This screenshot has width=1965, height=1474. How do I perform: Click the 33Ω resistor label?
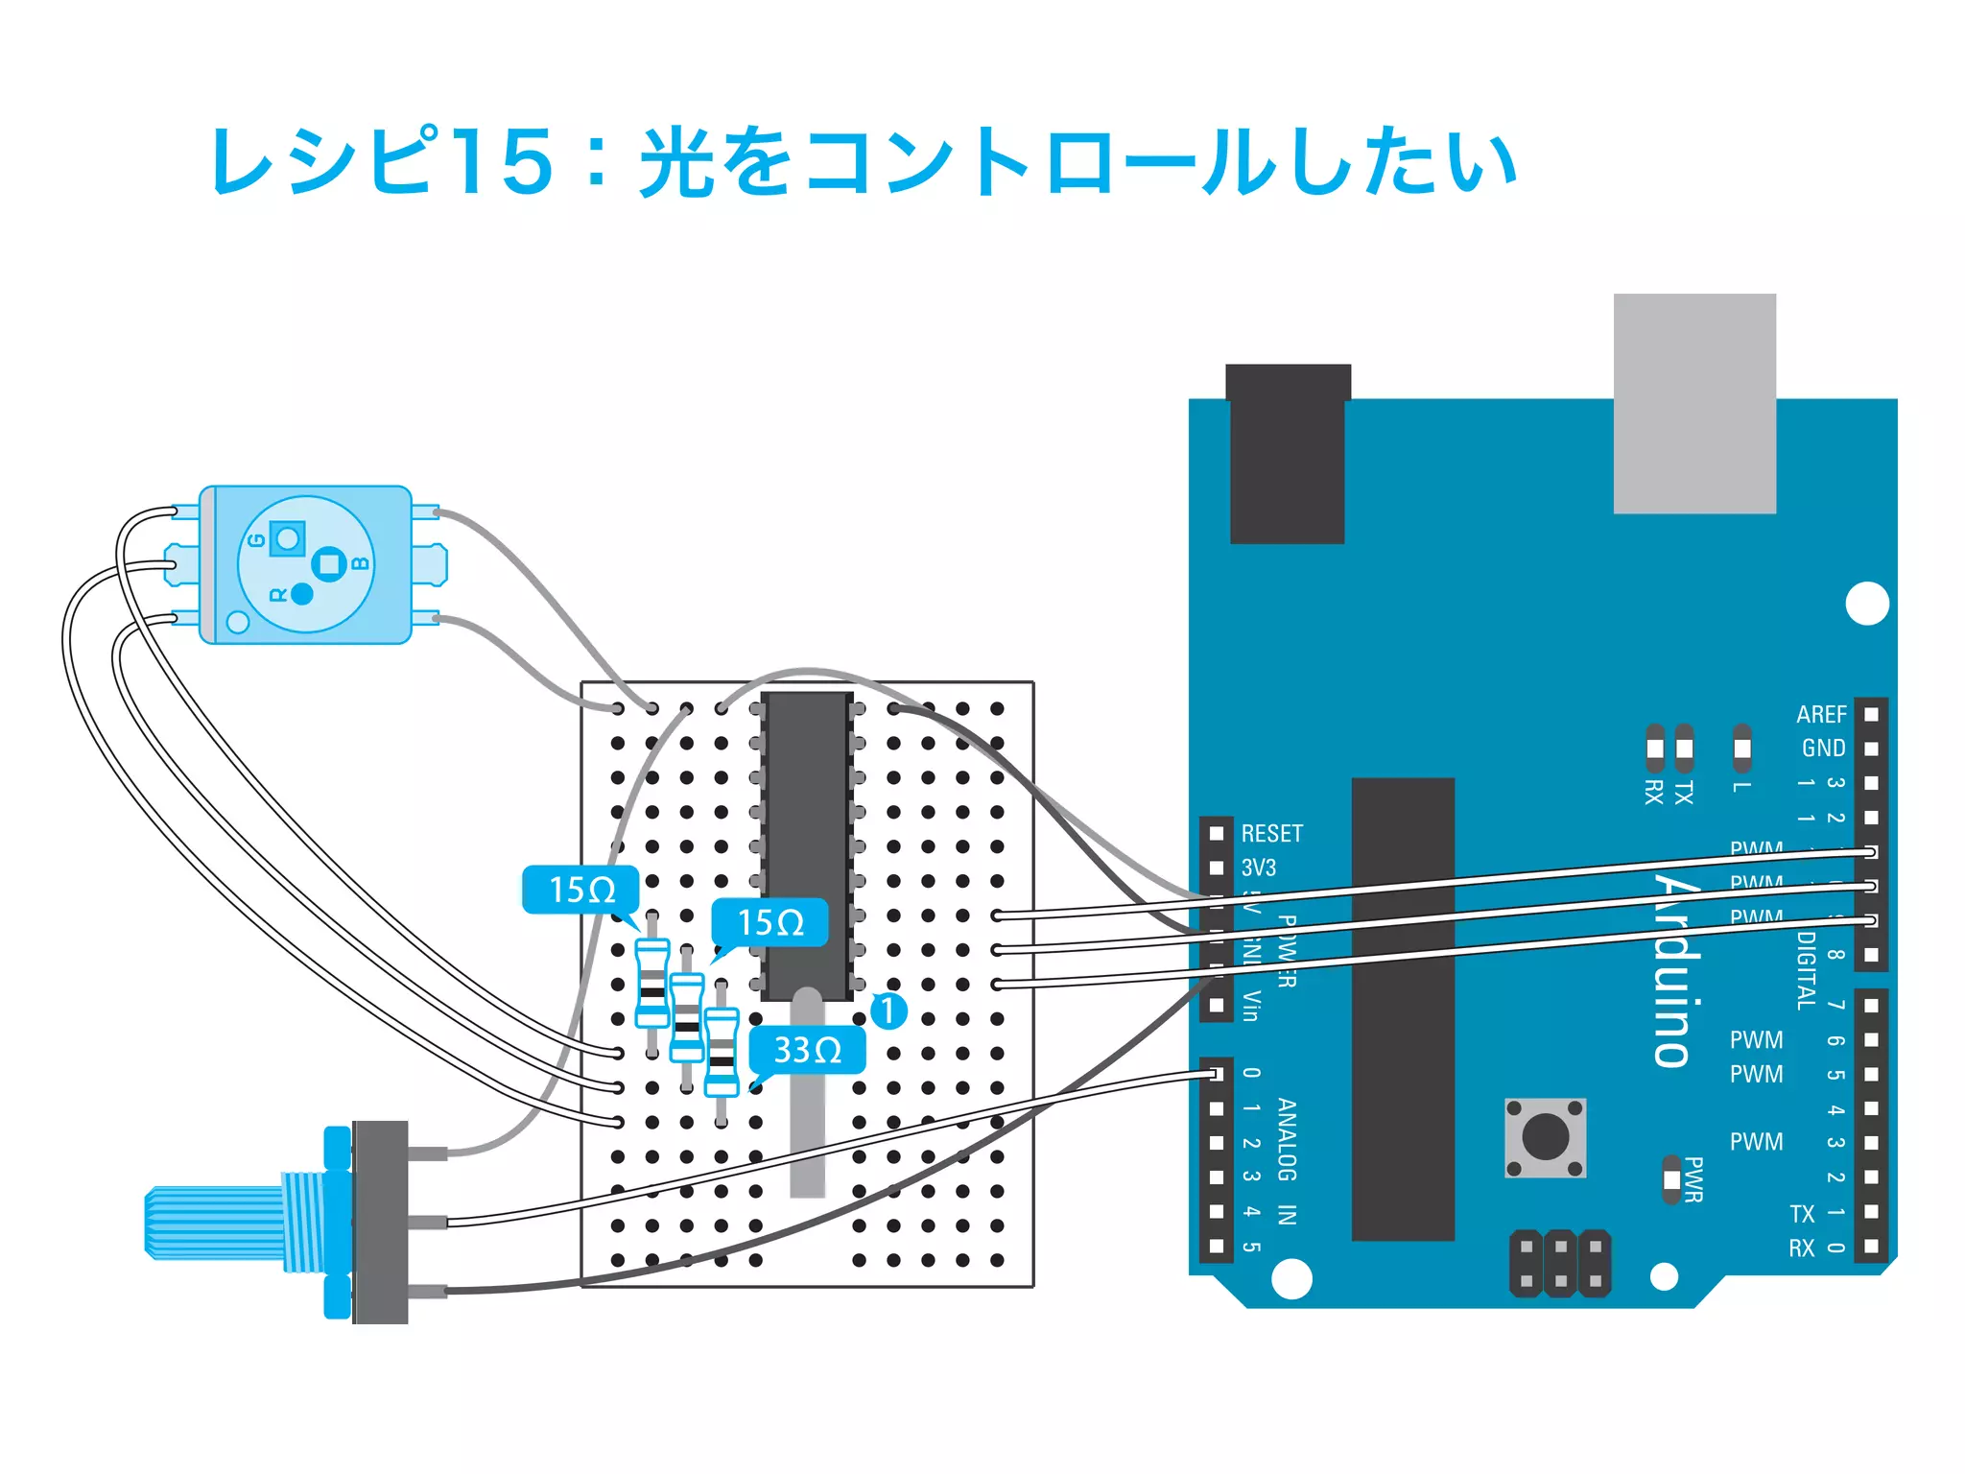coord(807,1050)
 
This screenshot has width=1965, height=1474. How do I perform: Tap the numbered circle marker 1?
coord(888,1010)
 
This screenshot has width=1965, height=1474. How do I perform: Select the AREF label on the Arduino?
coord(1820,715)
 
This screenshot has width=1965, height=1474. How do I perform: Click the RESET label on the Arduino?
coord(1271,833)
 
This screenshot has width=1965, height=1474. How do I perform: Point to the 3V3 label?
coord(1259,868)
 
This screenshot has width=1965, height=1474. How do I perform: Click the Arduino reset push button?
coord(1545,1138)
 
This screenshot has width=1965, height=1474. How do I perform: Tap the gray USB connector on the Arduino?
coord(1694,403)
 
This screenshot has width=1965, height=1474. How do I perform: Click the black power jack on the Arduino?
coord(1288,453)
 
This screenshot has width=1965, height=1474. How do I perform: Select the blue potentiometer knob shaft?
coord(216,1223)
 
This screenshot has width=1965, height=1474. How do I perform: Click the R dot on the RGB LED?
coord(301,594)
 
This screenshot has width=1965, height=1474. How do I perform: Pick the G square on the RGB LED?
coord(287,538)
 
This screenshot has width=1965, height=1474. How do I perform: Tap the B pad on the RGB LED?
coord(330,563)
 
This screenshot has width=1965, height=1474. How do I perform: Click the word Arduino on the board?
coord(1673,969)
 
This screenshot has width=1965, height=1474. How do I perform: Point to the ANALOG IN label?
coord(1287,1162)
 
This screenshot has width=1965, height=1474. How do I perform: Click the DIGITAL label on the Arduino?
coord(1806,969)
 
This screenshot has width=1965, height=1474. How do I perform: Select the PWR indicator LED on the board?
coord(1671,1179)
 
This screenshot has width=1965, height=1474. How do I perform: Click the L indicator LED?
coord(1741,749)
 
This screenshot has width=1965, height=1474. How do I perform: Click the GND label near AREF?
coord(1823,749)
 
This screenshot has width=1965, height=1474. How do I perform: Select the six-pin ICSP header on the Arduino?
coord(1560,1263)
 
